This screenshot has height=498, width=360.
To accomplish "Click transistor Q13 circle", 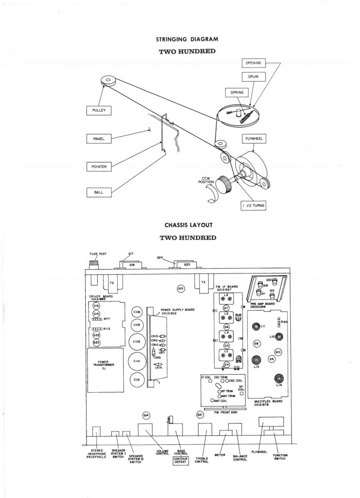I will click(x=181, y=289).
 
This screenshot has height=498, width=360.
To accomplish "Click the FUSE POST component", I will click(x=93, y=265).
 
